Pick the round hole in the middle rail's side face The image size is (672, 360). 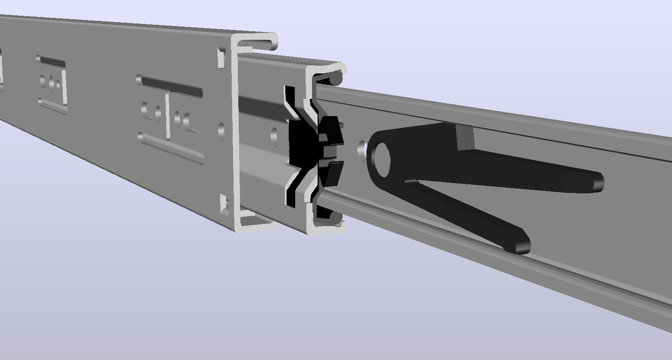click(274, 135)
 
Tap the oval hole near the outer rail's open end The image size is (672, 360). click(222, 130)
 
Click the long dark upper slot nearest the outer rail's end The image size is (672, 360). click(171, 87)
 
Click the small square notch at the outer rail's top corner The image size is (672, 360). click(221, 58)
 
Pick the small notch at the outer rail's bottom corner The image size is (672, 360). click(224, 205)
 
